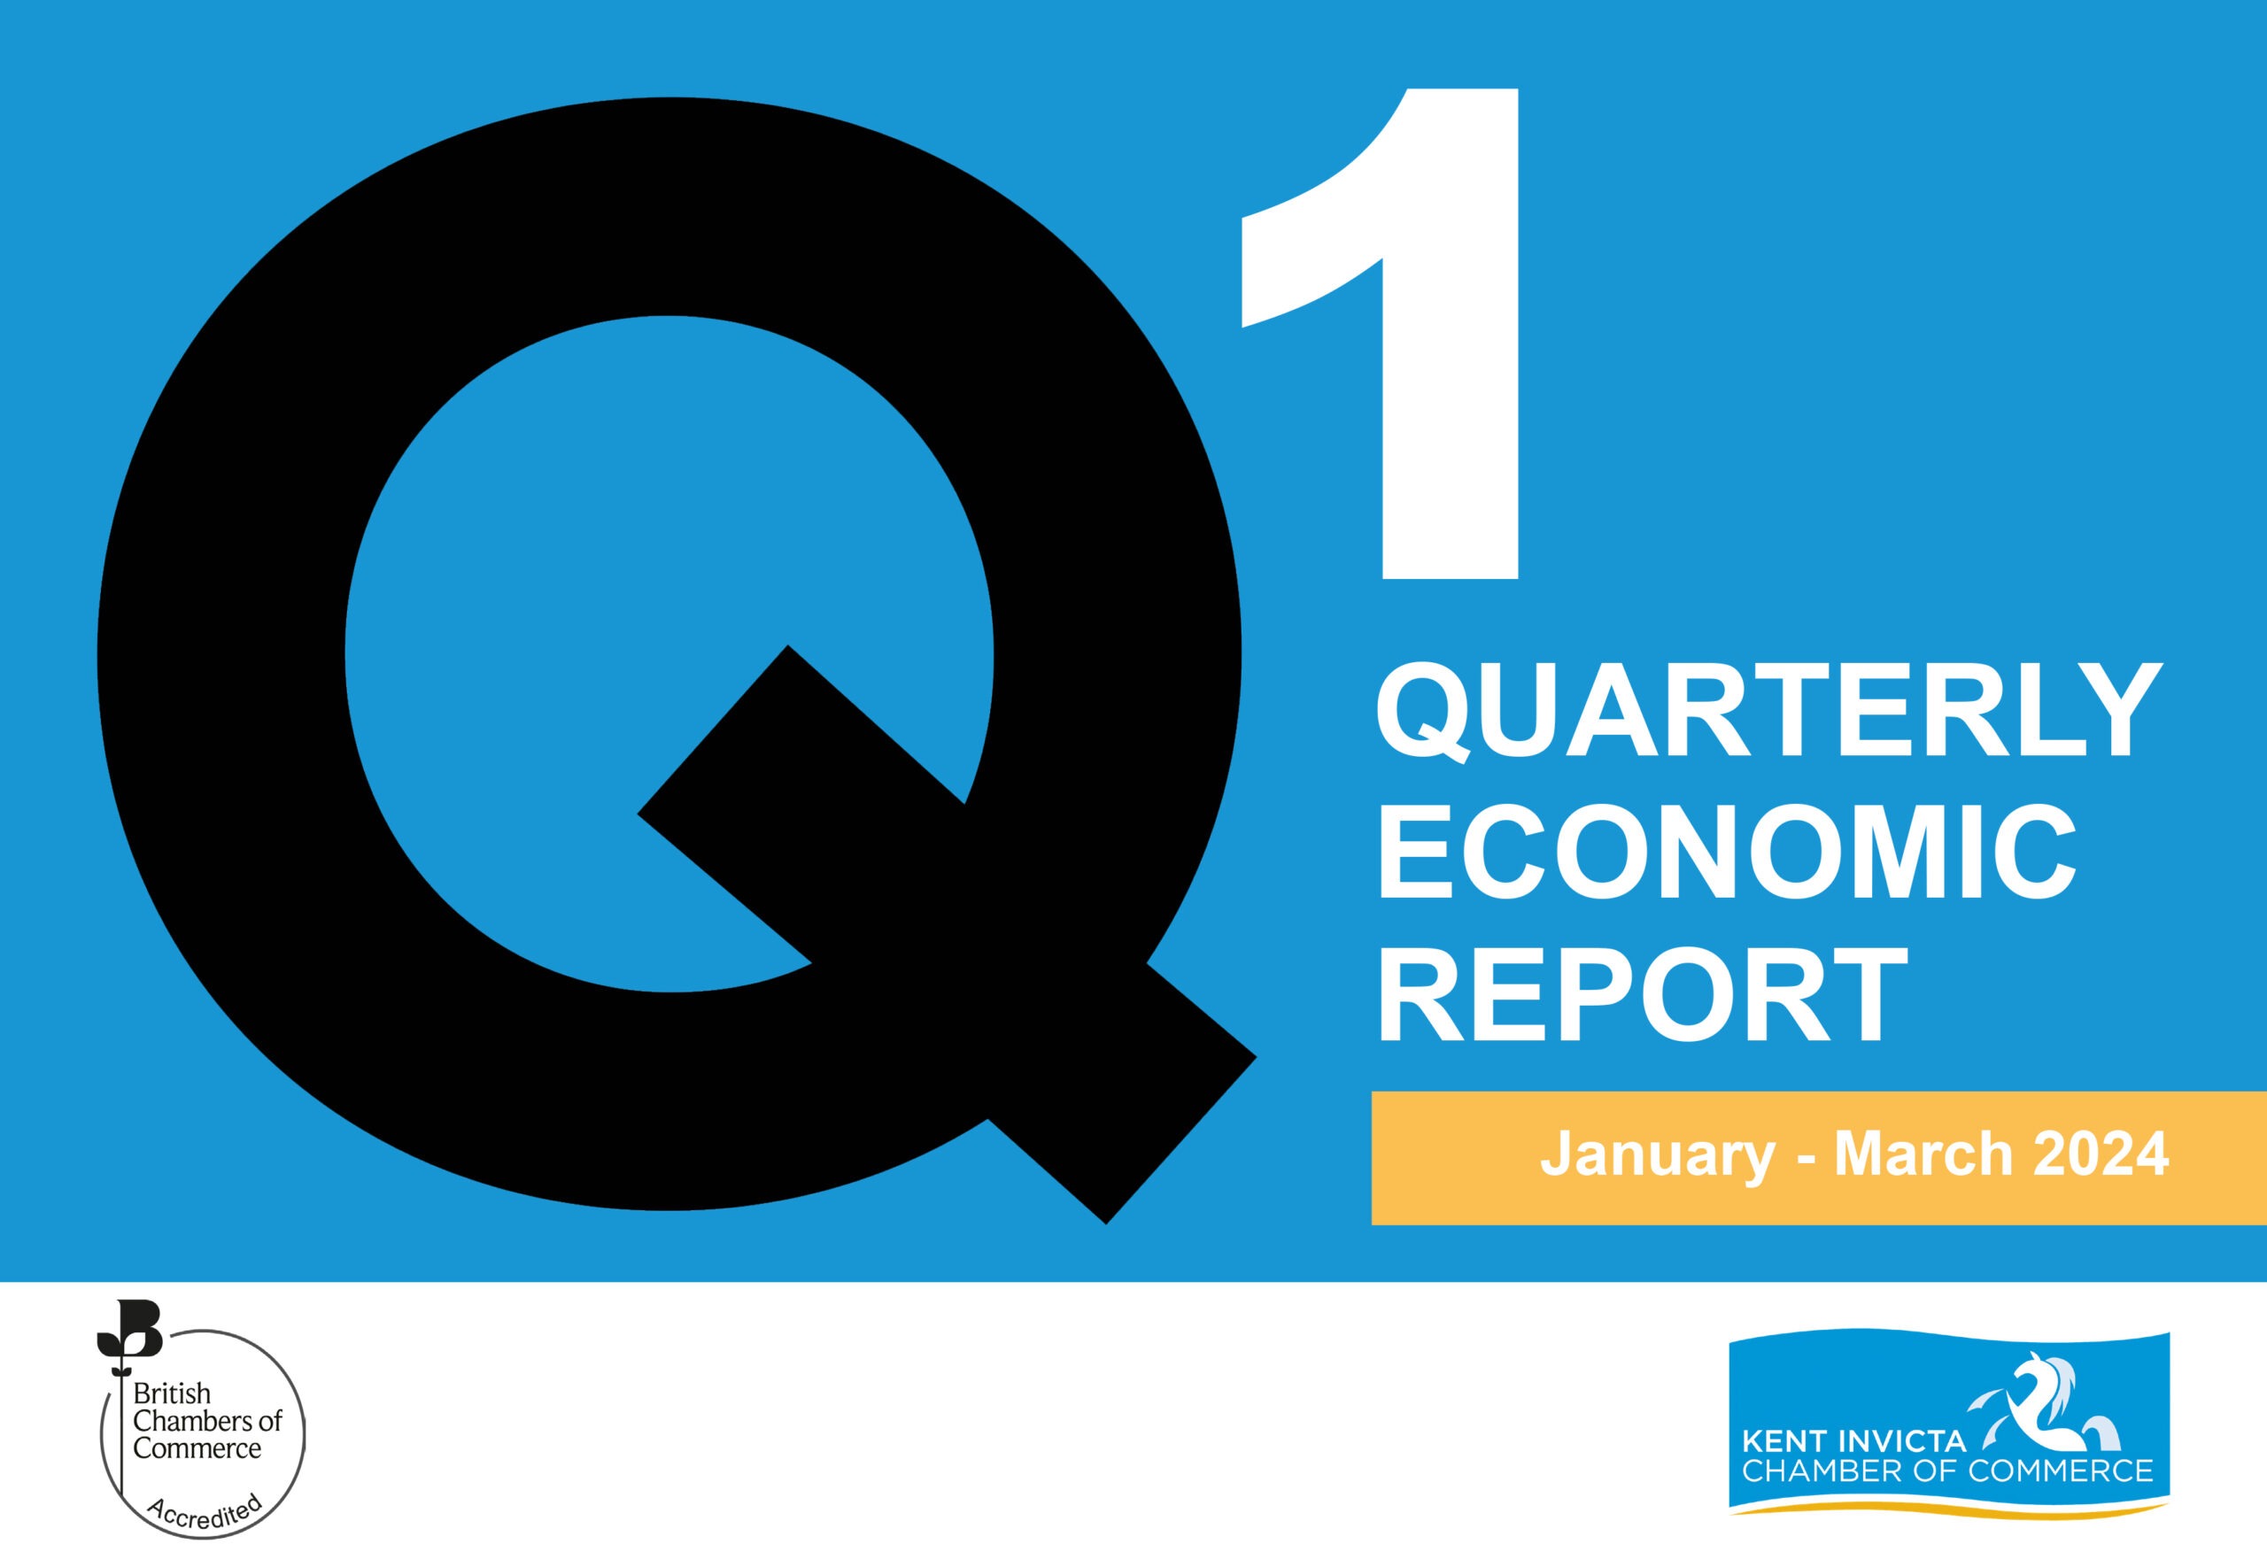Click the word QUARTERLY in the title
pos(1770,709)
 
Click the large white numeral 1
pos(1381,334)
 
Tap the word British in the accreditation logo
pos(172,1393)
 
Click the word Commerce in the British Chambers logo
pos(197,1448)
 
